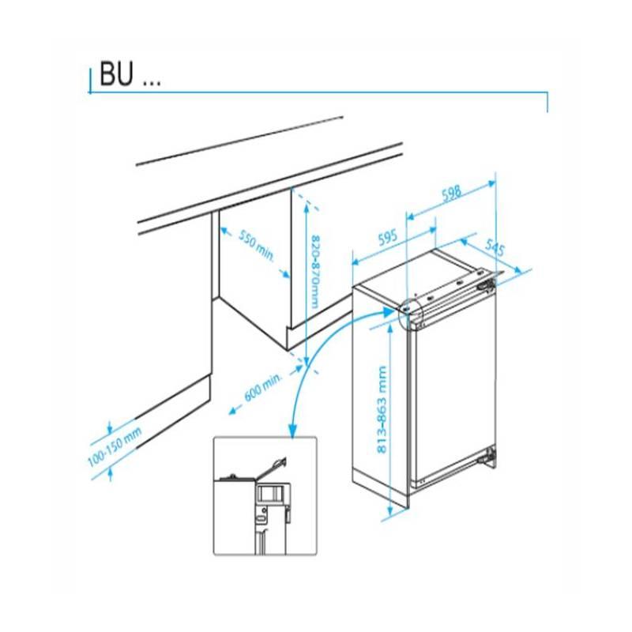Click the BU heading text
[x=130, y=73]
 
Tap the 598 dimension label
[x=451, y=194]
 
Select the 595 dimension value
[x=388, y=238]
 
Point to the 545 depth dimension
[x=495, y=247]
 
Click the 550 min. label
[x=257, y=246]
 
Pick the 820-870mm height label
[x=315, y=272]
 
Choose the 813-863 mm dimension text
[x=382, y=409]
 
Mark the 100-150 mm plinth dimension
[x=115, y=446]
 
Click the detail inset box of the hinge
[x=265, y=496]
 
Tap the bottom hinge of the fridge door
[x=489, y=456]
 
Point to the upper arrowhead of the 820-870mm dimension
[x=307, y=208]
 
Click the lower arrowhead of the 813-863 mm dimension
[x=390, y=512]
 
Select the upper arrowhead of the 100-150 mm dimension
[x=109, y=430]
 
